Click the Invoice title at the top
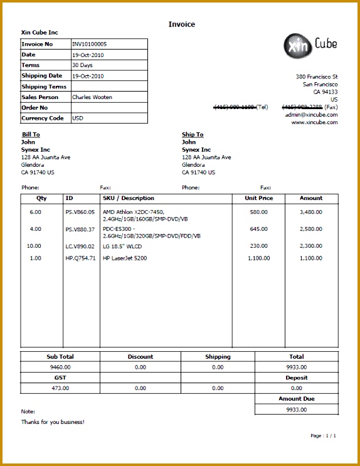181,24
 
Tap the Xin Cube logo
310,44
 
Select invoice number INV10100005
90,45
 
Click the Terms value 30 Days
83,65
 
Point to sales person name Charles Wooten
92,97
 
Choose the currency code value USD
78,118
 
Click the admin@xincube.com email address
311,115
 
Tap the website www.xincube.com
314,122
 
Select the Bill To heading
31,134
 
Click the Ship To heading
193,134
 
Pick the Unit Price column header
258,198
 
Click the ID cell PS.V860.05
80,212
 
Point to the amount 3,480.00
310,212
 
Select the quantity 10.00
34,246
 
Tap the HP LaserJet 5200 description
125,258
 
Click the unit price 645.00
258,229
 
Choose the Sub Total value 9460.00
60,367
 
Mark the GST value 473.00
60,388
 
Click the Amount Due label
297,399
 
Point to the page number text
323,435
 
